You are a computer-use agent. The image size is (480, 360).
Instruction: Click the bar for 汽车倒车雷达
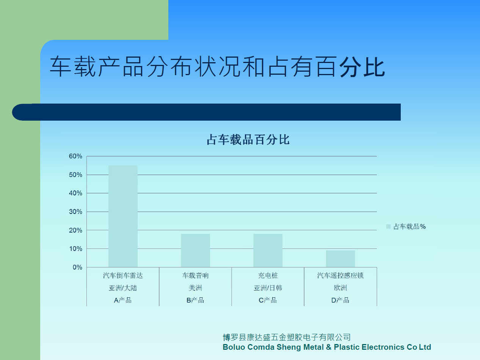tap(123, 216)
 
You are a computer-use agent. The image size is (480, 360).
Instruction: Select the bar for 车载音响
tap(195, 250)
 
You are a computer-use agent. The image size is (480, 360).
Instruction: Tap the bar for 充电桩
tap(268, 250)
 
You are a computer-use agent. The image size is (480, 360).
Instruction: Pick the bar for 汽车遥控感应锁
tap(340, 259)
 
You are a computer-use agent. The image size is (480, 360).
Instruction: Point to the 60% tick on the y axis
tap(75, 156)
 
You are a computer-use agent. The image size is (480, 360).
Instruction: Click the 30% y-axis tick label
tap(75, 212)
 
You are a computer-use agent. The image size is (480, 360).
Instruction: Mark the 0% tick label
tap(77, 267)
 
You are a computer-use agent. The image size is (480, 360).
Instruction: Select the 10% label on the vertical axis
tap(75, 249)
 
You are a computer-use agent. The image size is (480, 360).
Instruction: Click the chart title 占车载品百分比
tap(248, 140)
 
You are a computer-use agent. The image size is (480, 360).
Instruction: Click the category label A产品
tap(123, 300)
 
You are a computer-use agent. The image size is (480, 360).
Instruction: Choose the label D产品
tap(340, 300)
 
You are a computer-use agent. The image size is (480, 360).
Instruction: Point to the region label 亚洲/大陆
tap(123, 288)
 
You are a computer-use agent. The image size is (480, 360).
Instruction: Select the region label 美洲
tap(195, 288)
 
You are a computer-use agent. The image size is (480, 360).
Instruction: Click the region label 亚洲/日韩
tap(268, 288)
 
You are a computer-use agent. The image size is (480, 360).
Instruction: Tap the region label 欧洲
tap(340, 288)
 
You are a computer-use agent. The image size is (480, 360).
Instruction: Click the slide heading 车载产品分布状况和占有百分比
tap(217, 66)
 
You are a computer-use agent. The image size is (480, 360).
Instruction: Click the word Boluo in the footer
tap(234, 347)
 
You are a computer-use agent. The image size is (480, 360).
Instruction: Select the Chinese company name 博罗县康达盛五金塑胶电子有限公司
tap(287, 337)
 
